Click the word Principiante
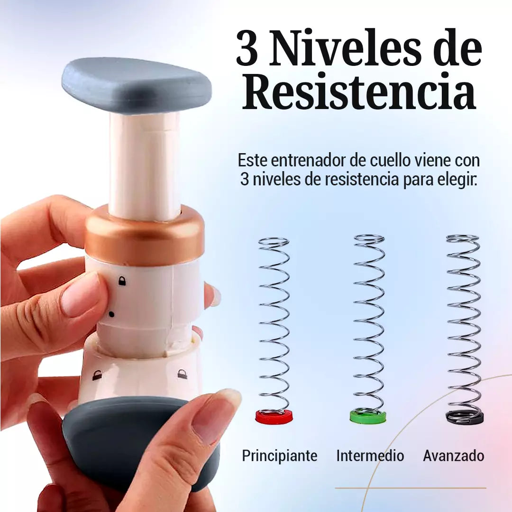[280, 456]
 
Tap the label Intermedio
[370, 456]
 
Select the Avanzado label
[454, 456]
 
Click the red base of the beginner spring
[274, 417]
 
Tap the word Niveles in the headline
[345, 48]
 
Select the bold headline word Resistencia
[359, 92]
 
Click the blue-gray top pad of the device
[137, 85]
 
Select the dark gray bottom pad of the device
[131, 441]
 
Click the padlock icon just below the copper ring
[122, 281]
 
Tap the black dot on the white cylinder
[111, 314]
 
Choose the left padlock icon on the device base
[97, 375]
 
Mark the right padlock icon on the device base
[182, 374]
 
